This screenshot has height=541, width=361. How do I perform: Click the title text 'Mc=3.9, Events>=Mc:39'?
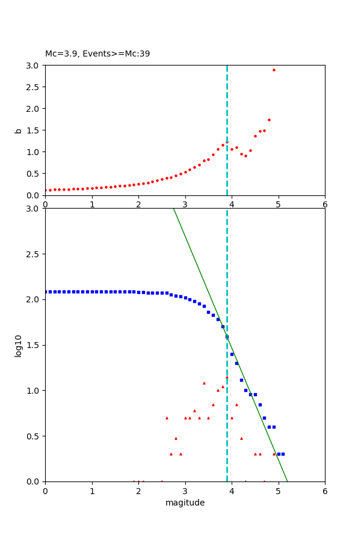coord(97,54)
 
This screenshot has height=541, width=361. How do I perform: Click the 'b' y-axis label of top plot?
coord(18,130)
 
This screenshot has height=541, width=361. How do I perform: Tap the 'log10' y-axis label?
coord(18,345)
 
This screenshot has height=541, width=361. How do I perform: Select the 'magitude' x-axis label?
coord(185,503)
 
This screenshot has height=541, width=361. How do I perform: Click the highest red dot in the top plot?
coord(274,70)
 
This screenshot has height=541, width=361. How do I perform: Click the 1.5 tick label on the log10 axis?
coord(34,345)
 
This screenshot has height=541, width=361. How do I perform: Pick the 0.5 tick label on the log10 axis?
coord(34,436)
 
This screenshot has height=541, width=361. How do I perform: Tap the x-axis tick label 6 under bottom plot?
coord(325,491)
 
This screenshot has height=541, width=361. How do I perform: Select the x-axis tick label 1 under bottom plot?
coord(92,491)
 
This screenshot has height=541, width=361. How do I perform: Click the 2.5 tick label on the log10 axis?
coord(34,254)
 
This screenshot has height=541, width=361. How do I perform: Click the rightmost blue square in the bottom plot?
coord(283,454)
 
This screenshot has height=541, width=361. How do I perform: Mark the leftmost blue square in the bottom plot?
coord(46,292)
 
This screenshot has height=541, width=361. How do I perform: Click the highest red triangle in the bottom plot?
coord(227,377)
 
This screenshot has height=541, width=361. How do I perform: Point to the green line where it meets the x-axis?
coord(288,481)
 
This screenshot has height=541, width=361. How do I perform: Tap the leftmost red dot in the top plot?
coord(46,191)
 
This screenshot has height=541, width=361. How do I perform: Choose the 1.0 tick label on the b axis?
coord(34,151)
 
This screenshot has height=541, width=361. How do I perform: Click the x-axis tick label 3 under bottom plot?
coord(185,491)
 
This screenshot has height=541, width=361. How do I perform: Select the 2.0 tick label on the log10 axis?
coord(34,299)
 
